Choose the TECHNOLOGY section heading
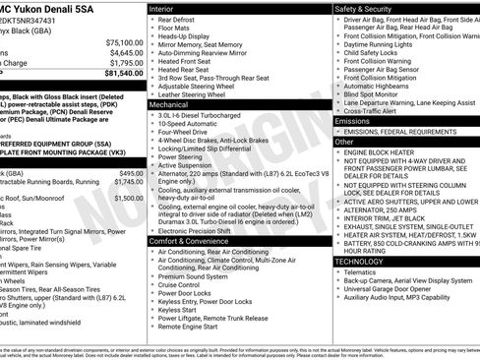point(359,262)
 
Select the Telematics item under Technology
point(367,271)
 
